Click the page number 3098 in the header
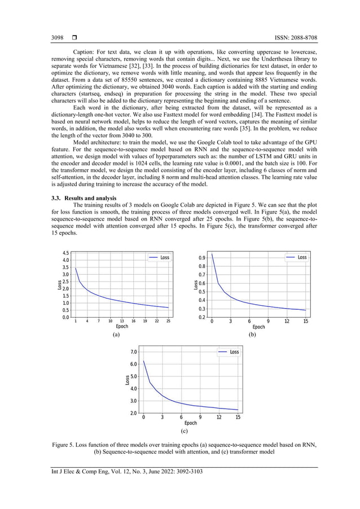pyautogui.click(x=57, y=38)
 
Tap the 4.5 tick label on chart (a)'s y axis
pyautogui.click(x=65, y=253)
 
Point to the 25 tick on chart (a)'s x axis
pyautogui.click(x=168, y=321)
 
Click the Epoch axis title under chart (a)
pyautogui.click(x=122, y=327)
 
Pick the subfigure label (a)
pyautogui.click(x=116, y=335)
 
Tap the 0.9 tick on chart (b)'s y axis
pyautogui.click(x=201, y=257)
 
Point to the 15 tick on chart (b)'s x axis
pyautogui.click(x=305, y=321)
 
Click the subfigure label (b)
pyautogui.click(x=253, y=335)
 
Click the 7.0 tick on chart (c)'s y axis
pyautogui.click(x=133, y=352)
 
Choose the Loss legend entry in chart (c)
pyautogui.click(x=229, y=352)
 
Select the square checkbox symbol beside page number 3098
pyautogui.click(x=74, y=38)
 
